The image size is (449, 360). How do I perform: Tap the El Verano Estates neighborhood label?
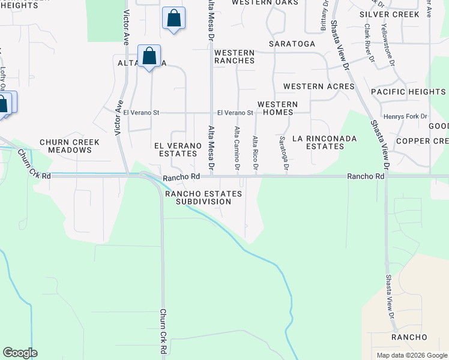tap(176, 149)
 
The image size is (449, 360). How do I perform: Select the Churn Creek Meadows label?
tap(70, 146)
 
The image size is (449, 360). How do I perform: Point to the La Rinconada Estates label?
tap(324, 142)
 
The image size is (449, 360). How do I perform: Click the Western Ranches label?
tap(235, 56)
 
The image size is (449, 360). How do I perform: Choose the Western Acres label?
tap(319, 86)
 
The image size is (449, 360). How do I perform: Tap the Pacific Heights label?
tap(408, 92)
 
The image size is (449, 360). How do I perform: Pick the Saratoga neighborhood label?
tap(292, 44)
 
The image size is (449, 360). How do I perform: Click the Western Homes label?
tap(277, 108)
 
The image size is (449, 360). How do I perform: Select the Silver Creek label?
tap(390, 14)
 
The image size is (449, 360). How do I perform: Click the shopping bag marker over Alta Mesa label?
tap(149, 56)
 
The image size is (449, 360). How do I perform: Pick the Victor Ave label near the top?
tap(126, 28)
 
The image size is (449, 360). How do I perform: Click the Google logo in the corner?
tap(20, 353)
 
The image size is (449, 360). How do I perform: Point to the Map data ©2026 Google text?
tap(411, 355)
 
